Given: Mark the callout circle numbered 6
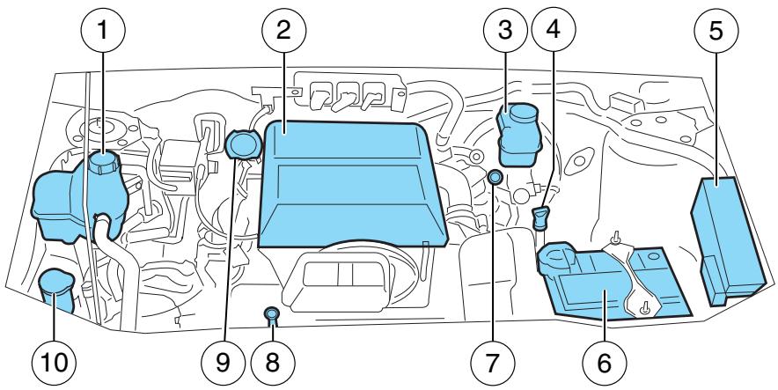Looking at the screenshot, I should tap(604, 360).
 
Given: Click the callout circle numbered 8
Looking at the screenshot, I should tap(273, 360).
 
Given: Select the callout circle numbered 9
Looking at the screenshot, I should tap(231, 360).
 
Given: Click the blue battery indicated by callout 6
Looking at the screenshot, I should tap(607, 282).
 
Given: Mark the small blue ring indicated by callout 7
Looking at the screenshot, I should tap(496, 179).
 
